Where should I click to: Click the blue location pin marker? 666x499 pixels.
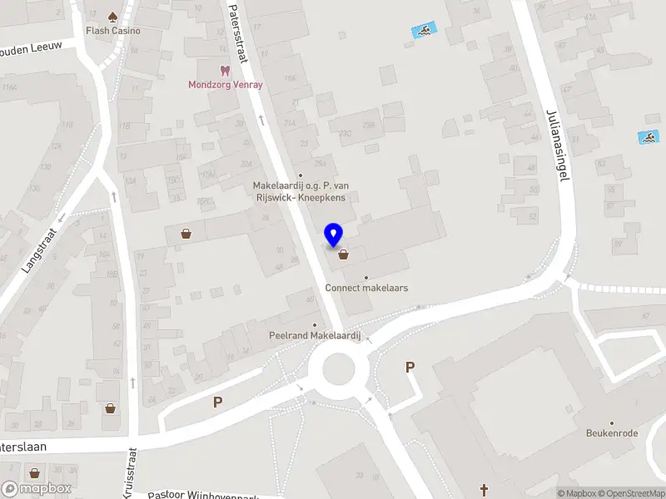click(x=334, y=235)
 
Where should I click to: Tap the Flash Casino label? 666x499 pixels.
click(x=113, y=31)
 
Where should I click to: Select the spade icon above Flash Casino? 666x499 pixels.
click(x=113, y=16)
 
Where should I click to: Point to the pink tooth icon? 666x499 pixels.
click(x=223, y=71)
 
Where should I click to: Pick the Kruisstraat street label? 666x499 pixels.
click(x=131, y=474)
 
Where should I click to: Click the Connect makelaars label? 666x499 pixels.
click(x=366, y=288)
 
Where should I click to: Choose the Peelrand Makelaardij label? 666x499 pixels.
click(x=314, y=335)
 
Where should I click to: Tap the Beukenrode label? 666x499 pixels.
click(x=612, y=433)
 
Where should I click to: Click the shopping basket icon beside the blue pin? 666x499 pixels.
click(x=343, y=254)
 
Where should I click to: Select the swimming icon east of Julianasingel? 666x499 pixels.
click(x=647, y=136)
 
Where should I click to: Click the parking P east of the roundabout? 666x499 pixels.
click(x=410, y=367)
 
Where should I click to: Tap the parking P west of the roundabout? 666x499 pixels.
click(x=218, y=403)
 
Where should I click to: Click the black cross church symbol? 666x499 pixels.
click(x=484, y=489)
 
